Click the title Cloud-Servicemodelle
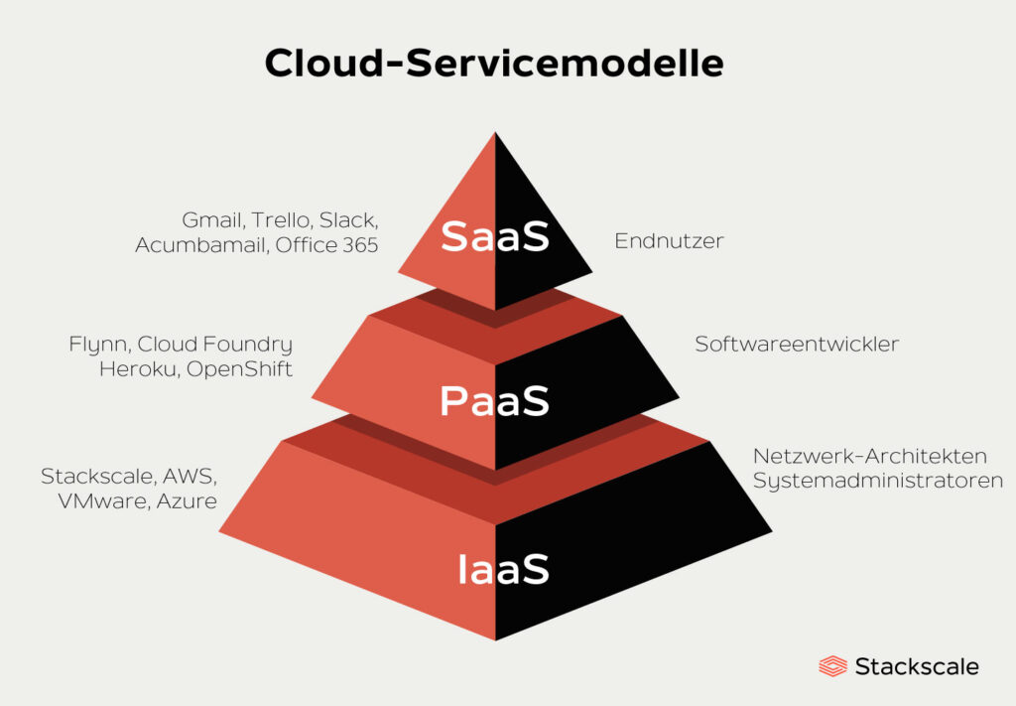pos(494,63)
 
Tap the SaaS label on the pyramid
pos(495,236)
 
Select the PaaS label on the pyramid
pos(494,400)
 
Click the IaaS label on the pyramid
pos(503,569)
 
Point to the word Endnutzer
pos(670,241)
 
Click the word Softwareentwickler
pos(797,344)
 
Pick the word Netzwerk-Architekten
pos(870,456)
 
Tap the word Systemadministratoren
pos(878,481)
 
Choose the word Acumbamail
pos(201,245)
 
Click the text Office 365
pos(326,245)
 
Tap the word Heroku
pos(139,368)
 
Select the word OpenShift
pos(240,369)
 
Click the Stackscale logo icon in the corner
pos(832,666)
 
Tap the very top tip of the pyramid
pos(496,133)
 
